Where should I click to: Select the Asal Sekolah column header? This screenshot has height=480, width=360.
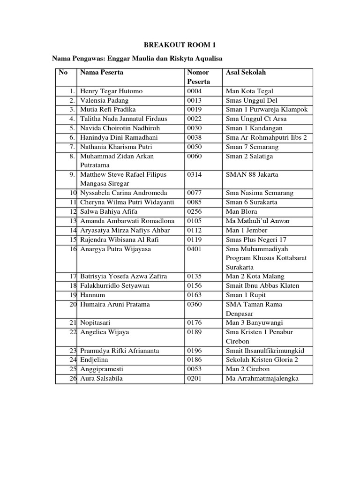coord(246,73)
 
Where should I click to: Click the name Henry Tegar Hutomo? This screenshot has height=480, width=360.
coord(111,91)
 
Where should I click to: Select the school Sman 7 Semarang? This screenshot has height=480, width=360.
coord(252,147)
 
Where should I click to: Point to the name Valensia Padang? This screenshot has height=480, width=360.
coord(104,100)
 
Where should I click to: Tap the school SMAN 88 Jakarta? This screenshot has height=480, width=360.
coord(252,174)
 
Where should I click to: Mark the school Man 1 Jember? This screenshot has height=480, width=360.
coord(247,230)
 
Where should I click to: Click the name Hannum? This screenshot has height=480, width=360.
coord(92,295)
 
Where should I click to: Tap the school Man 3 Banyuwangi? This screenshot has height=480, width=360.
coord(254,322)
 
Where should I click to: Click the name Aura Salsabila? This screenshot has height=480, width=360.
coord(101,378)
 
